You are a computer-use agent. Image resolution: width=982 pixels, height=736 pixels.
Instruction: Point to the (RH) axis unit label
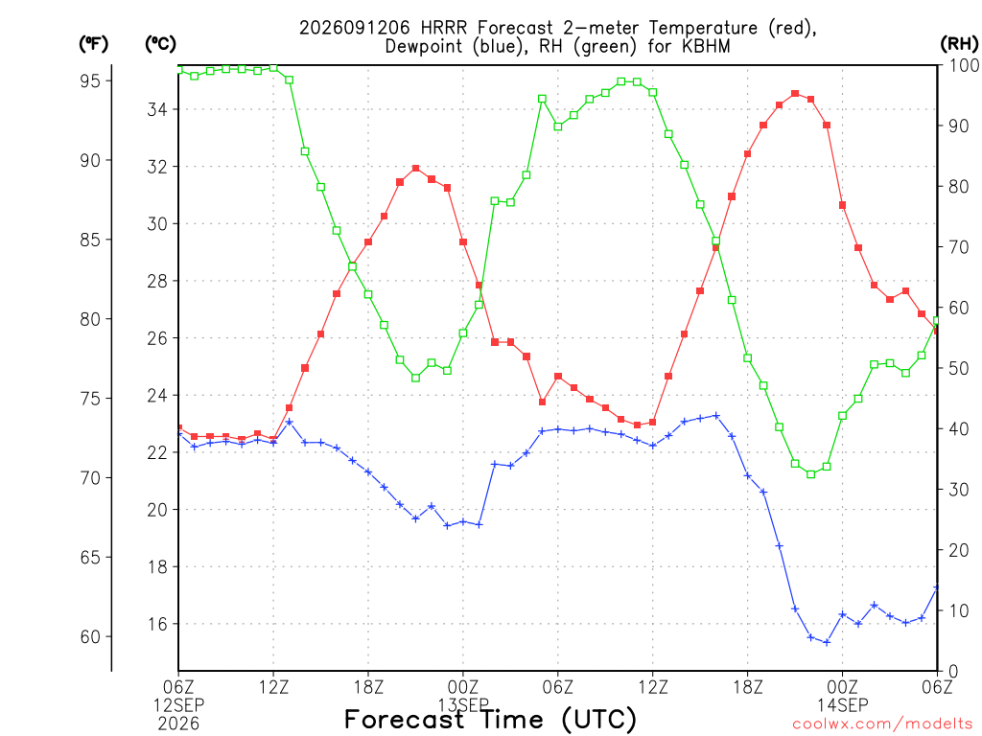[x=959, y=43]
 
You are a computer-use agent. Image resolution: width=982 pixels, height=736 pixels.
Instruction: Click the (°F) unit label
[x=93, y=44]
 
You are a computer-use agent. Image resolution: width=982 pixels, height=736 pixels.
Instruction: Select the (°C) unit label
[x=160, y=44]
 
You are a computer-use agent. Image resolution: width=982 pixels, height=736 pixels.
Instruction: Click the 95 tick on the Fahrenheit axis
[x=90, y=80]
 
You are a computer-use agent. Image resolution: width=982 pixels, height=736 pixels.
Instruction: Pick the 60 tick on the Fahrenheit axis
[x=90, y=636]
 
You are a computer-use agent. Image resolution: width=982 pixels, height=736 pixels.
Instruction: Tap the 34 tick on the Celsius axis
[x=157, y=109]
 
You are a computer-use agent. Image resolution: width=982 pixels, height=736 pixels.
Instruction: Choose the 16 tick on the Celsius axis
[x=157, y=624]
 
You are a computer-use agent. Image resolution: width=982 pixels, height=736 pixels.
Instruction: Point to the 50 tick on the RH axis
[x=959, y=368]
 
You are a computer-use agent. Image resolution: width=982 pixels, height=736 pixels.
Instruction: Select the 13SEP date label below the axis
[x=463, y=704]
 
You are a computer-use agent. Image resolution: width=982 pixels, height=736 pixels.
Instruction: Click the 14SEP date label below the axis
[x=842, y=704]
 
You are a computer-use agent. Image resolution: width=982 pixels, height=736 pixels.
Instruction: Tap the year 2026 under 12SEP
[x=178, y=724]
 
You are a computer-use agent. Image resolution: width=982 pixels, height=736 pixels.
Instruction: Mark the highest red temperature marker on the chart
[x=795, y=93]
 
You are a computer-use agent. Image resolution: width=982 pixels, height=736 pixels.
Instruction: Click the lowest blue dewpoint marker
[x=827, y=642]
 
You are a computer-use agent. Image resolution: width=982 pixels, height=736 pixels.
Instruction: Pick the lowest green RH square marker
[x=811, y=474]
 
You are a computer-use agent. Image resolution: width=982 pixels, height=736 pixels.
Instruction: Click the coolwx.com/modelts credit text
[x=882, y=724]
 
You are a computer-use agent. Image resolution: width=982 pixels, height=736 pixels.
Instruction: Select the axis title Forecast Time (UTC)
[x=490, y=720]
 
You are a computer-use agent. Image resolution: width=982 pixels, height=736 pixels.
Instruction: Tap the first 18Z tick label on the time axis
[x=368, y=687]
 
